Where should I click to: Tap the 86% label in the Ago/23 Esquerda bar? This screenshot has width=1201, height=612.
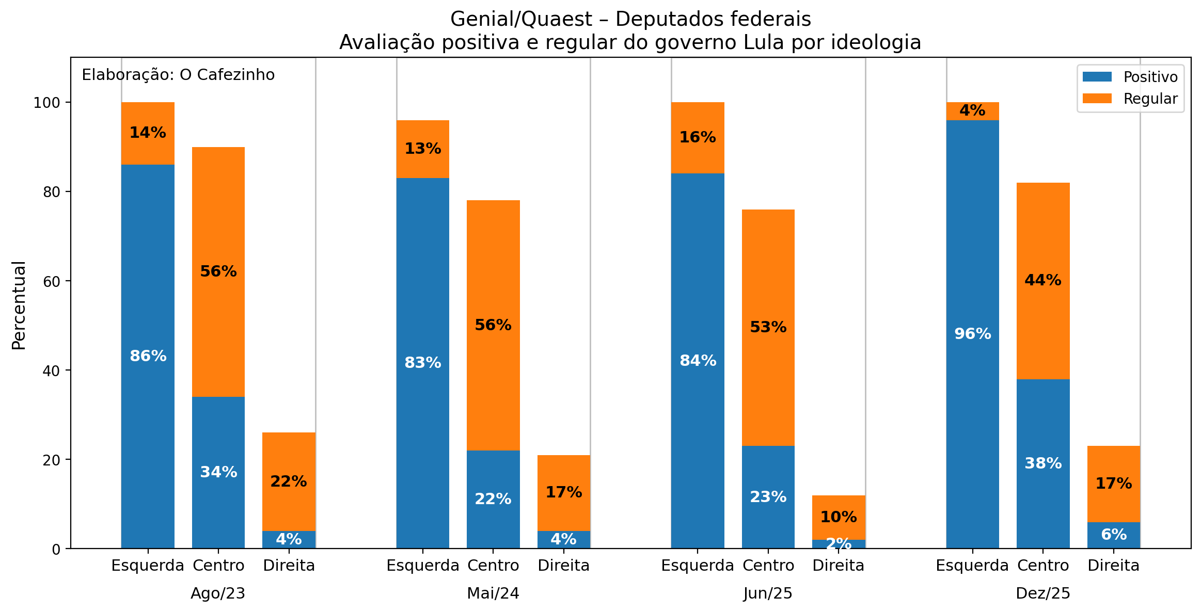point(148,356)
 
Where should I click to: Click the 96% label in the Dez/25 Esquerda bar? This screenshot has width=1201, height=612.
point(972,334)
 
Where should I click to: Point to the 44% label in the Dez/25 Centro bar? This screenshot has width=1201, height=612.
point(1042,280)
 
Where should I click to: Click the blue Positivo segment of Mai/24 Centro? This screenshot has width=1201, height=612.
point(493,499)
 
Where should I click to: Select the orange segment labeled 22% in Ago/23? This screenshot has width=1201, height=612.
point(289,481)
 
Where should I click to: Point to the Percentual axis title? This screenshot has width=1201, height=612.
point(19,305)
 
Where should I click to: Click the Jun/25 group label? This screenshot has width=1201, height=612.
point(768,593)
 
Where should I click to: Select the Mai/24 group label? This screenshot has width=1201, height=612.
point(493,593)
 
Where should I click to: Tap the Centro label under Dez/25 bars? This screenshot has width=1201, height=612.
point(1042,566)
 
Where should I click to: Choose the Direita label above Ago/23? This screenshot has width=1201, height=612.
point(289,566)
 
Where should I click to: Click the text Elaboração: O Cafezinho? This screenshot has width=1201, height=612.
point(178,75)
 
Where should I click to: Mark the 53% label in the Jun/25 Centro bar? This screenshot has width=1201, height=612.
point(768,327)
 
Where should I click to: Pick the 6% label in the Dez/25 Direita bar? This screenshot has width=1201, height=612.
point(1113,535)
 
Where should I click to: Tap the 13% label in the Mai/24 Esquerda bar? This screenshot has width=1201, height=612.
point(422,149)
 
